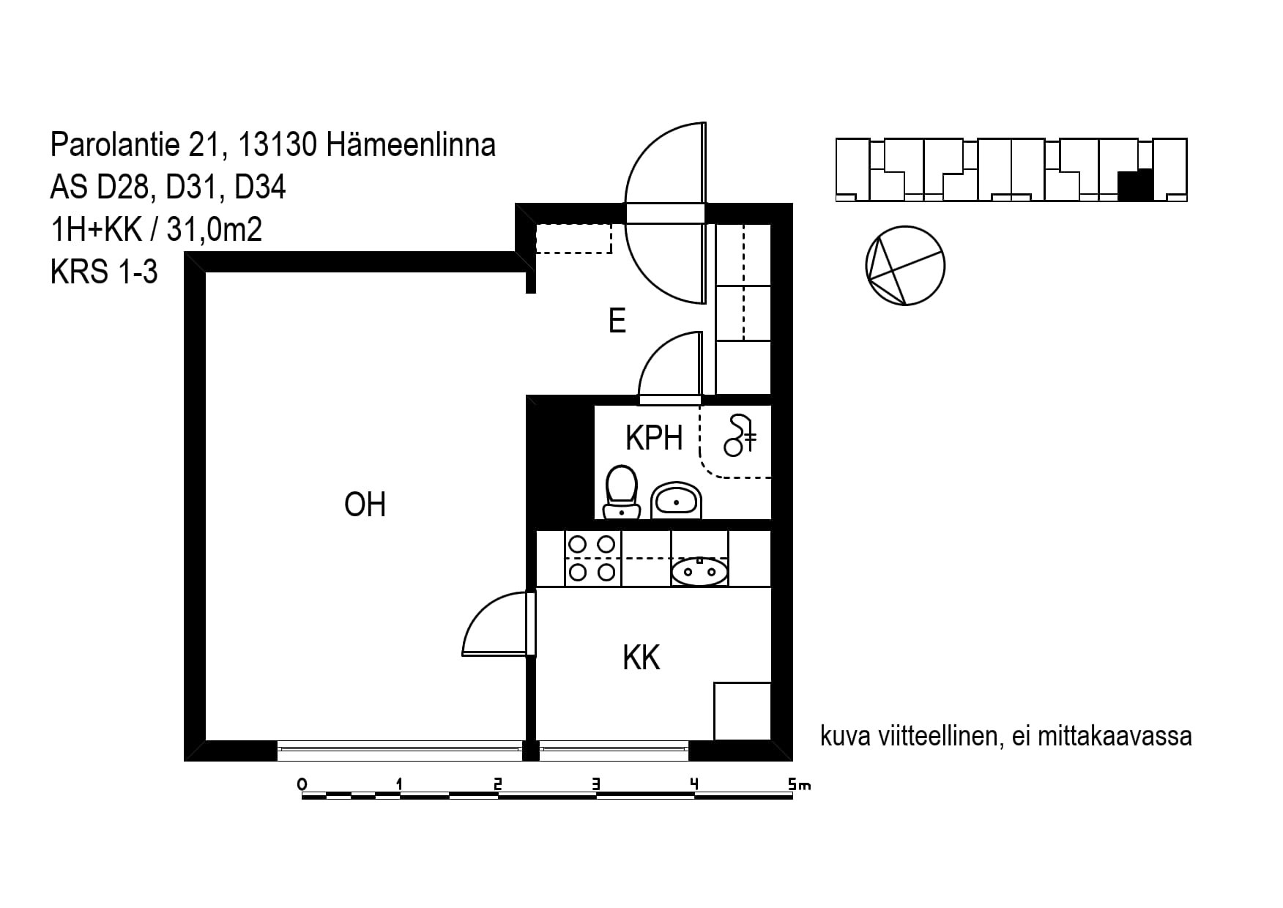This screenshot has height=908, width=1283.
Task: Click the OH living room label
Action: (x=365, y=505)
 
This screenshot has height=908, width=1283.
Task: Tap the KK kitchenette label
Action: (x=641, y=658)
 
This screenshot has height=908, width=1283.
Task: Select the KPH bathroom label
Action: (x=654, y=438)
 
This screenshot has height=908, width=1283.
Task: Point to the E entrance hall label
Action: (x=617, y=321)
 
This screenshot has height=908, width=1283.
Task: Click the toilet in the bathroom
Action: (x=622, y=492)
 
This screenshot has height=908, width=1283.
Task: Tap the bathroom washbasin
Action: (x=676, y=501)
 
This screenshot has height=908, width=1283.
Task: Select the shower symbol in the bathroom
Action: (x=740, y=435)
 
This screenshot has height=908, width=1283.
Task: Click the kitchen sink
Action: (x=699, y=570)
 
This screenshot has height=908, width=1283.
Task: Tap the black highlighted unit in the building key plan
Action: (x=1136, y=185)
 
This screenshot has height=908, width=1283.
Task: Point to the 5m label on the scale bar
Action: (x=800, y=785)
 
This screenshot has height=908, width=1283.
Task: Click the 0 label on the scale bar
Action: (x=302, y=785)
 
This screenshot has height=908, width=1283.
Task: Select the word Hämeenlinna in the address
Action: (x=411, y=145)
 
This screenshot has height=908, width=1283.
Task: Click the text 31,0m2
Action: (x=215, y=230)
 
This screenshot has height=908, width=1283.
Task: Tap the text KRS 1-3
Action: (x=104, y=272)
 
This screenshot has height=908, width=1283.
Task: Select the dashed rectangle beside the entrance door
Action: (x=573, y=239)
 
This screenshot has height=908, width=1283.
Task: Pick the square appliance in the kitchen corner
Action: (x=743, y=711)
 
